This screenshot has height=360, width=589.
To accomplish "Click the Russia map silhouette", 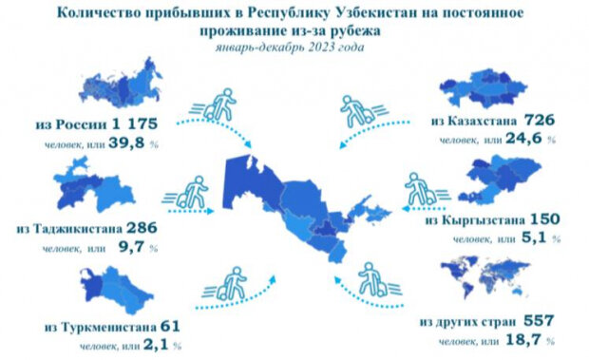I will (x=118, y=86).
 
